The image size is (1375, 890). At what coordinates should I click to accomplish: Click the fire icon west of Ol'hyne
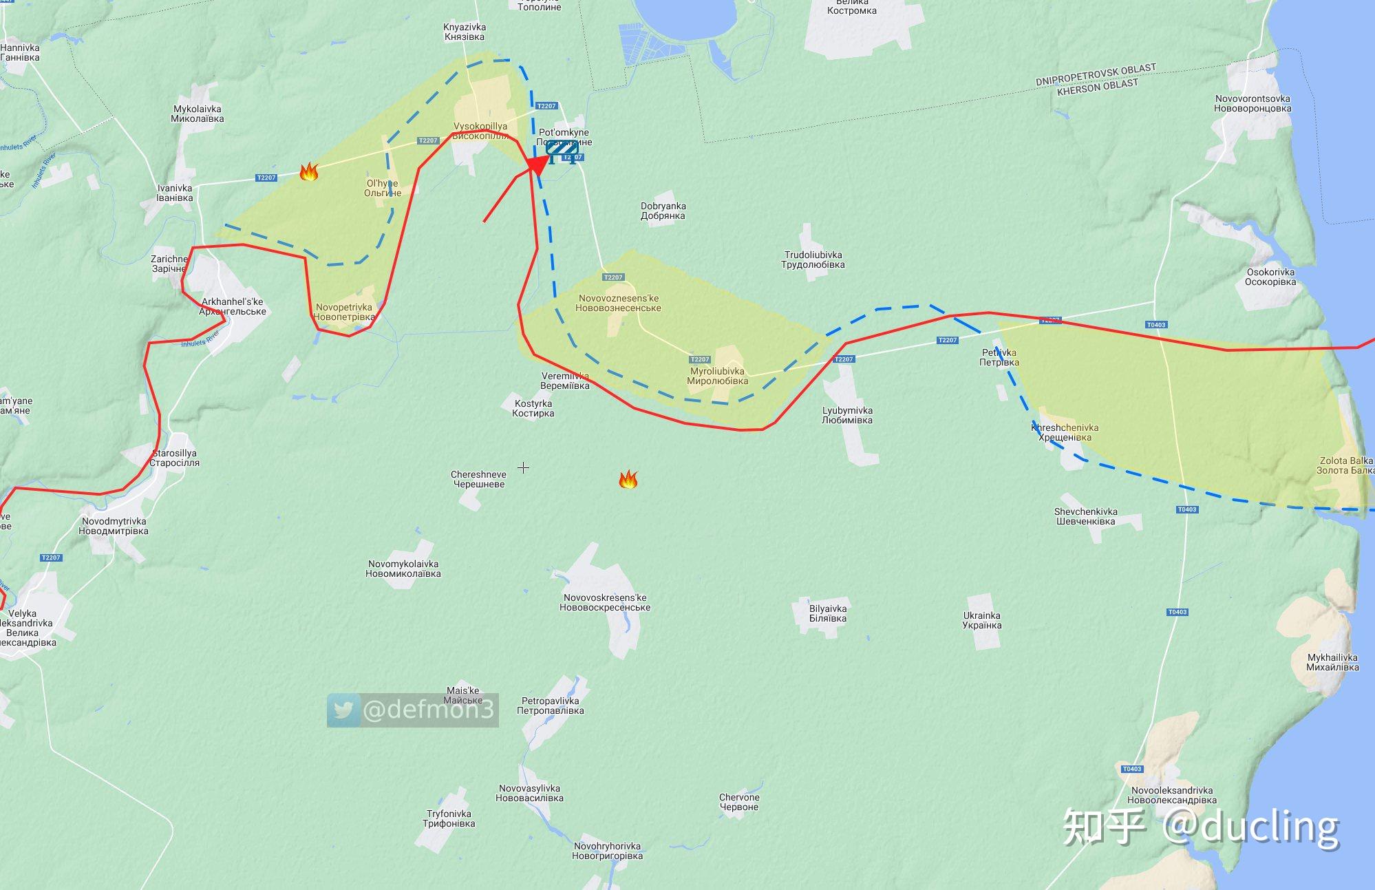pyautogui.click(x=309, y=171)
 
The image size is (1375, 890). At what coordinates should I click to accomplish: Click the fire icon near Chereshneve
pyautogui.click(x=628, y=479)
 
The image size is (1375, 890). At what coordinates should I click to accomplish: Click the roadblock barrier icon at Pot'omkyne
pyautogui.click(x=561, y=150)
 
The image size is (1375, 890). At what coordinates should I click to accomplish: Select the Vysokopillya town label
pyautogui.click(x=480, y=131)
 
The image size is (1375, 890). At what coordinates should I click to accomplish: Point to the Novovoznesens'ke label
pyautogui.click(x=618, y=303)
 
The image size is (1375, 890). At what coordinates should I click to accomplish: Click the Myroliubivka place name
pyautogui.click(x=717, y=376)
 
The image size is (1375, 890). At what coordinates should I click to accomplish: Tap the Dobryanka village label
pyautogui.click(x=663, y=211)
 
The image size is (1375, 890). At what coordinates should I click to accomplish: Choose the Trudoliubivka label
pyautogui.click(x=813, y=259)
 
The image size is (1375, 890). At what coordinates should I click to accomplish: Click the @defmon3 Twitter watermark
pyautogui.click(x=412, y=710)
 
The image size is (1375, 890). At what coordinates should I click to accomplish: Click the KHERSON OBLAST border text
pyautogui.click(x=1097, y=87)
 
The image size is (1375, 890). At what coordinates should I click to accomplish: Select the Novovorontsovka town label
pyautogui.click(x=1253, y=103)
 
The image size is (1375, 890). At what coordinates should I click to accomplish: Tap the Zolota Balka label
pyautogui.click(x=1345, y=465)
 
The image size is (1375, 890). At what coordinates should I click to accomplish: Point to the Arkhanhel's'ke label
pyautogui.click(x=232, y=306)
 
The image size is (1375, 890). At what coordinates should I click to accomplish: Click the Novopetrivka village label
pyautogui.click(x=344, y=312)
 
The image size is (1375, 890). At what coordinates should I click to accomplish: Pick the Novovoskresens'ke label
pyautogui.click(x=605, y=602)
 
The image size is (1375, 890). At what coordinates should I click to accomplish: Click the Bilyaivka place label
pyautogui.click(x=828, y=613)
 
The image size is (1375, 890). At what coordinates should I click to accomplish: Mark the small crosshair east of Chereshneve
pyautogui.click(x=523, y=468)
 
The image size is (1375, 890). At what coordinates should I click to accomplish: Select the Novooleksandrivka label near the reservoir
pyautogui.click(x=1172, y=795)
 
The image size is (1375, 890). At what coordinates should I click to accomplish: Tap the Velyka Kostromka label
pyautogui.click(x=851, y=7)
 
